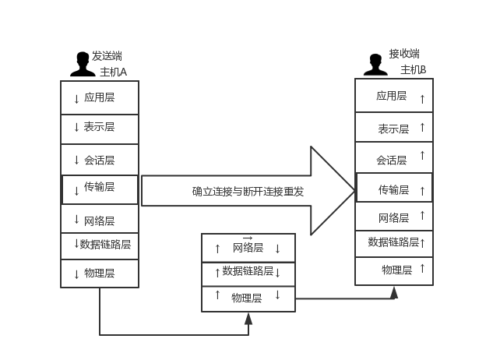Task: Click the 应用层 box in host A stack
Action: click(x=100, y=97)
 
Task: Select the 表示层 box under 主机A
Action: click(x=100, y=128)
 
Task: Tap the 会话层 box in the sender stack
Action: click(x=100, y=160)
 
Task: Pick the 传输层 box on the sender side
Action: click(x=100, y=189)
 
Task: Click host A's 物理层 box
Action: click(x=100, y=274)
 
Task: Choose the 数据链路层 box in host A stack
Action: click(x=100, y=245)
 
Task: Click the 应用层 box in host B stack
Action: click(x=394, y=97)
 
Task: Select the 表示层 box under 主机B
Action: click(x=394, y=128)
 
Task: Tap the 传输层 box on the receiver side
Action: click(x=394, y=189)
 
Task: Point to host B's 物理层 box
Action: click(x=394, y=270)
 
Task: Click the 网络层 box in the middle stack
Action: click(x=248, y=248)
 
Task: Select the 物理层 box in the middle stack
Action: click(x=248, y=298)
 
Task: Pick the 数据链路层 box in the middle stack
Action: click(x=248, y=272)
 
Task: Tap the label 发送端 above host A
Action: click(x=107, y=56)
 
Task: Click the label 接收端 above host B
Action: click(x=404, y=54)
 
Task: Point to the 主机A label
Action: click(x=113, y=72)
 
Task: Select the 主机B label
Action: click(x=414, y=69)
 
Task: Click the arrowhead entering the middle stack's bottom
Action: click(x=248, y=318)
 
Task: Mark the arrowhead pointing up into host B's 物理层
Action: click(x=394, y=291)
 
